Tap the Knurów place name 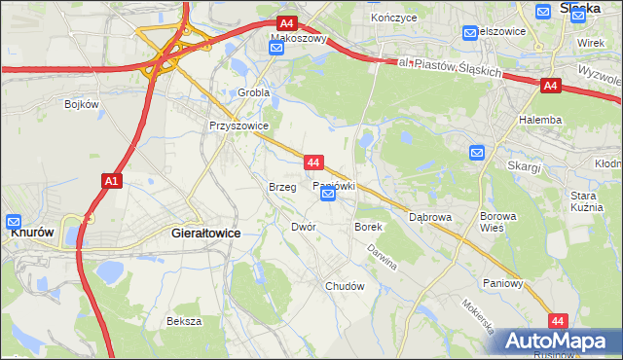click(30, 234)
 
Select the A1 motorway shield click(111, 181)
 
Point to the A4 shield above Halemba click(550, 87)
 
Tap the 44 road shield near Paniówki click(312, 162)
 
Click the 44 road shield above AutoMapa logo click(557, 319)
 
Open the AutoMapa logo click(558, 342)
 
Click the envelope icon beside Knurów click(15, 221)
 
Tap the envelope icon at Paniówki click(328, 195)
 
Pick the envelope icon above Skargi click(477, 153)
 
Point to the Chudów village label click(345, 287)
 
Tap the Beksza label click(184, 321)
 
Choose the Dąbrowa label click(430, 217)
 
